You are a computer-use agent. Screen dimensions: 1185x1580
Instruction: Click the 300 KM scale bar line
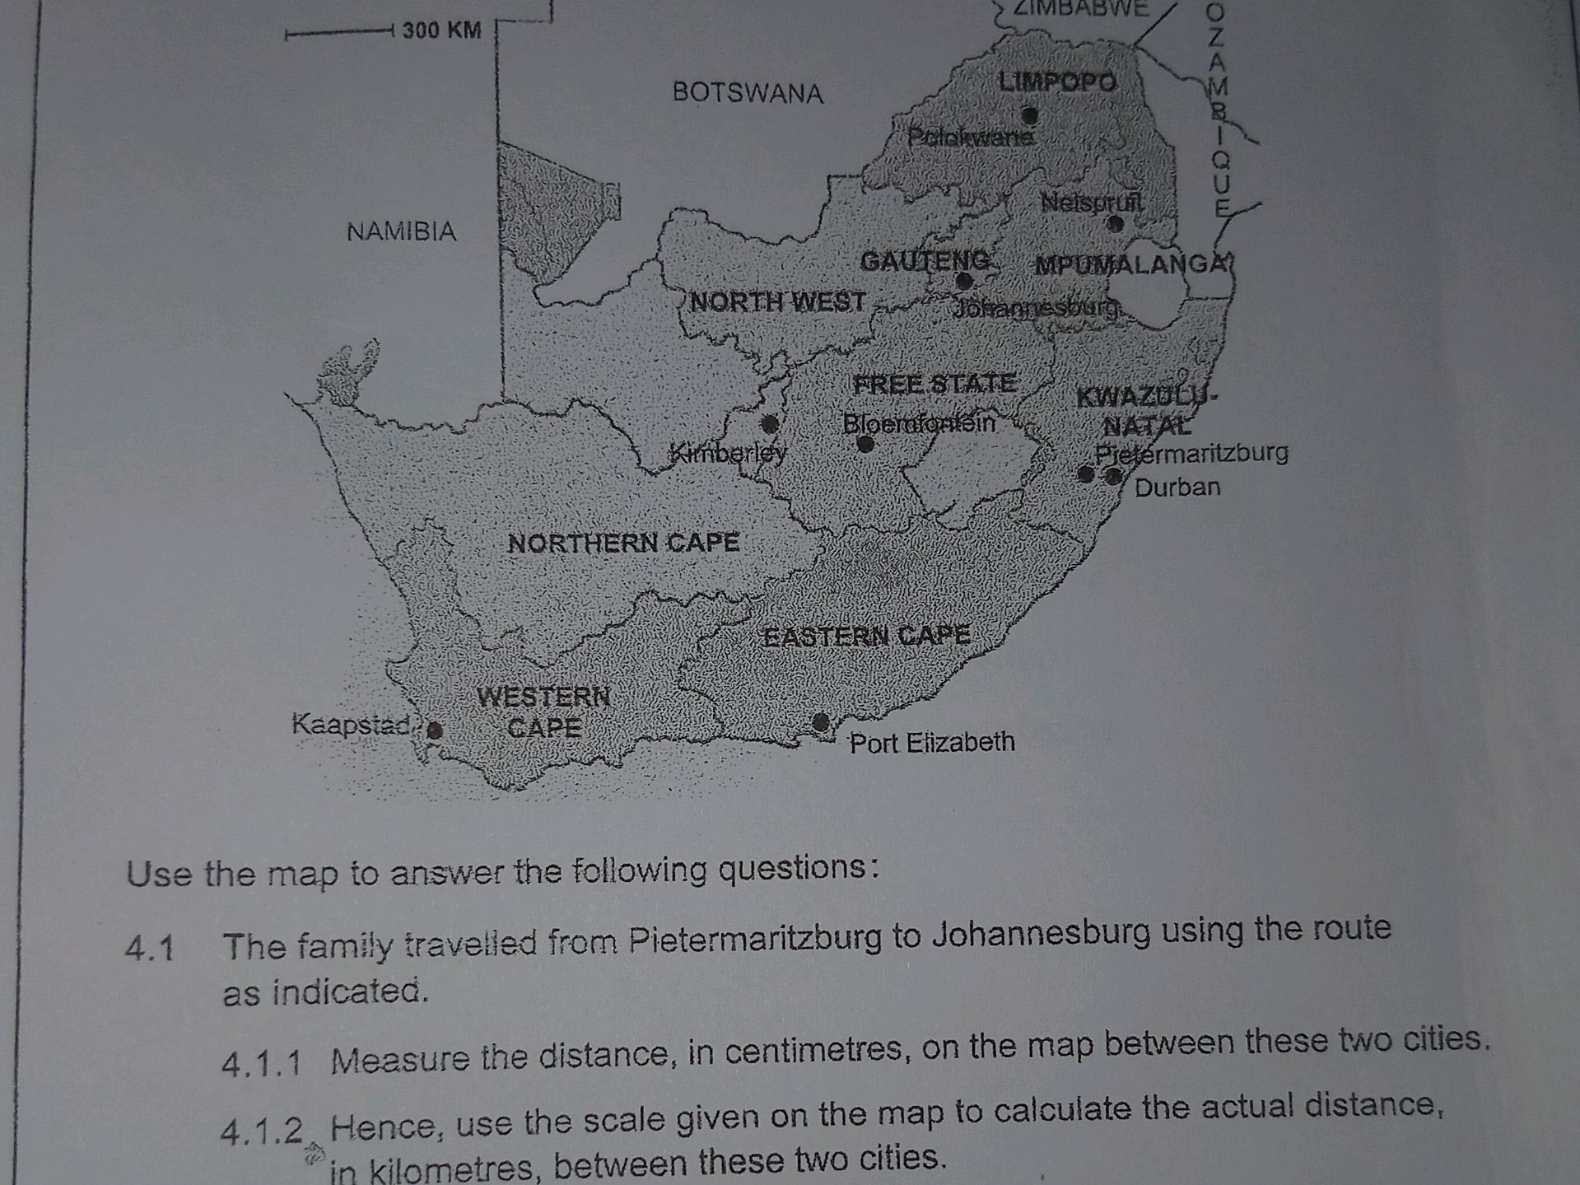click(338, 34)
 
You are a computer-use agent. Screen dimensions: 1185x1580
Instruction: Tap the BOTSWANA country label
click(748, 92)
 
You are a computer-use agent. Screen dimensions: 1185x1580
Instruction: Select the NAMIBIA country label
click(401, 231)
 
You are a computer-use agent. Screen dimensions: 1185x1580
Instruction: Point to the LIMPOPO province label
click(1058, 82)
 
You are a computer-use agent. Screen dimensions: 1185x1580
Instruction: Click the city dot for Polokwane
click(1029, 114)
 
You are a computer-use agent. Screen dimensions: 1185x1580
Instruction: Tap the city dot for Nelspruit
click(1115, 223)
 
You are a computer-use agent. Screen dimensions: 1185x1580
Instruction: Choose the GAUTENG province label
click(925, 261)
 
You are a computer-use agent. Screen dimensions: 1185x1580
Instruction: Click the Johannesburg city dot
click(963, 282)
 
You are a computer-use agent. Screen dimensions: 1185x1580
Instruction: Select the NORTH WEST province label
click(778, 302)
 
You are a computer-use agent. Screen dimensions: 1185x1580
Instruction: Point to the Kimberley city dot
click(770, 424)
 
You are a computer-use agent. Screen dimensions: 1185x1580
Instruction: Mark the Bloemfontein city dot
click(865, 444)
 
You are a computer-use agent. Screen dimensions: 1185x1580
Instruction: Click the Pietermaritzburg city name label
click(1191, 453)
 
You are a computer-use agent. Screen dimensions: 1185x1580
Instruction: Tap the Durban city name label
click(1177, 488)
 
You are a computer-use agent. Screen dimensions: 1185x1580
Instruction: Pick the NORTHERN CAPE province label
click(623, 543)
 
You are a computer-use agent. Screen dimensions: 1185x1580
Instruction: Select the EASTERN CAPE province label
click(866, 636)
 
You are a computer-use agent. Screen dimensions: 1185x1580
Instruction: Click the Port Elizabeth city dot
click(821, 722)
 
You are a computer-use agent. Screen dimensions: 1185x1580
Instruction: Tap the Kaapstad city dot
click(435, 730)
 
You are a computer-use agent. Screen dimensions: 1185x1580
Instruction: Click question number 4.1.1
click(262, 1063)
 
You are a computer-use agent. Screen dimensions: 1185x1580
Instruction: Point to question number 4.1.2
click(262, 1131)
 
